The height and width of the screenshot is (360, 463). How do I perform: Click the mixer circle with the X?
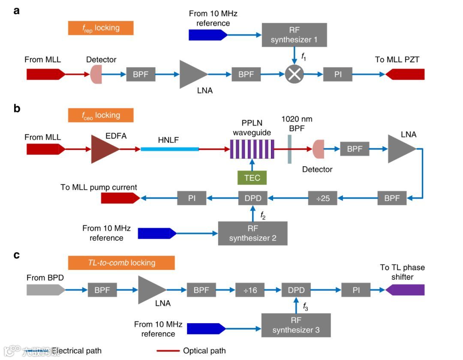294,75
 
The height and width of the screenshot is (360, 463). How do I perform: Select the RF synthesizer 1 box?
294,35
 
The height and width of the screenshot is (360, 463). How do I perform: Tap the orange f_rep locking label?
101,28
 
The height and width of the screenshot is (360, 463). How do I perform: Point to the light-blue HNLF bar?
170,149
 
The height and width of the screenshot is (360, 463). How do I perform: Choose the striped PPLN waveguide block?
252,149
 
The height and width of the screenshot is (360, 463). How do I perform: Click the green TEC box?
252,177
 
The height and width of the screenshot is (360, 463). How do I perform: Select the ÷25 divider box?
322,198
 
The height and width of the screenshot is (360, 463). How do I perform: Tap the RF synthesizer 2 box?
253,233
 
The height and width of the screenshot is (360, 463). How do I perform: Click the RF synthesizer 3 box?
296,325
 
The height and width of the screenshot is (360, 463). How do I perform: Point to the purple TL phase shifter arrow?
405,290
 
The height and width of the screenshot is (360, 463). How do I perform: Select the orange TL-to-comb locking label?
121,263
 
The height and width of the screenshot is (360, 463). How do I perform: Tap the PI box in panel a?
337,74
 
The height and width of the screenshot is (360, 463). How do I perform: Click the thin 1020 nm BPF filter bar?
290,149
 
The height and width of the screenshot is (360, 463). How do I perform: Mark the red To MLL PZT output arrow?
405,74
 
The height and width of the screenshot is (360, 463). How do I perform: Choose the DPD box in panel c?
296,290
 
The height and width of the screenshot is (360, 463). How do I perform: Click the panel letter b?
17,108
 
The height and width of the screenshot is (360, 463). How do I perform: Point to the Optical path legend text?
204,351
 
